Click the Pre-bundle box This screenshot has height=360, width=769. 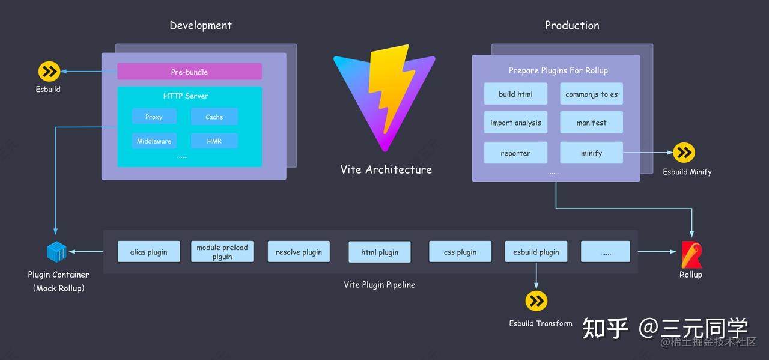pos(189,72)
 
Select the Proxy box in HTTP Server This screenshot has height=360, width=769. pos(154,117)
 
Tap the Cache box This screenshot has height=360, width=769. pos(214,117)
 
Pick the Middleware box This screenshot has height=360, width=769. pos(154,141)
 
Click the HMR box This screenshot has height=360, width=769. pos(214,141)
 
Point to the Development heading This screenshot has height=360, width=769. pos(201,25)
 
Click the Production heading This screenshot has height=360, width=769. pos(572,25)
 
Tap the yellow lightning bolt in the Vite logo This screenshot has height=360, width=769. pos(391,88)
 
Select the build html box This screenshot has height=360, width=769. pos(515,94)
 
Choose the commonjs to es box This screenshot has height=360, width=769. pos(592,94)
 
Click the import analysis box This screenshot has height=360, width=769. pos(515,122)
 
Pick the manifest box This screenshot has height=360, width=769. pos(592,122)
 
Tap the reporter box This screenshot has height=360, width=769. pos(515,153)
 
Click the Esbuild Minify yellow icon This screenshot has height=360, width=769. pos(684,153)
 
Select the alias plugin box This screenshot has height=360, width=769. pos(148,251)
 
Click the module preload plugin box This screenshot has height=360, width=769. pos(222,251)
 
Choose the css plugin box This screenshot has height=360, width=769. pos(460,251)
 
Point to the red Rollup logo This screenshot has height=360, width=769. pos(691,255)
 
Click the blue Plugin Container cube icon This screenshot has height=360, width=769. pos(56,251)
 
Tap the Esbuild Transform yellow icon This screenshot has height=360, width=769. pos(536,301)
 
